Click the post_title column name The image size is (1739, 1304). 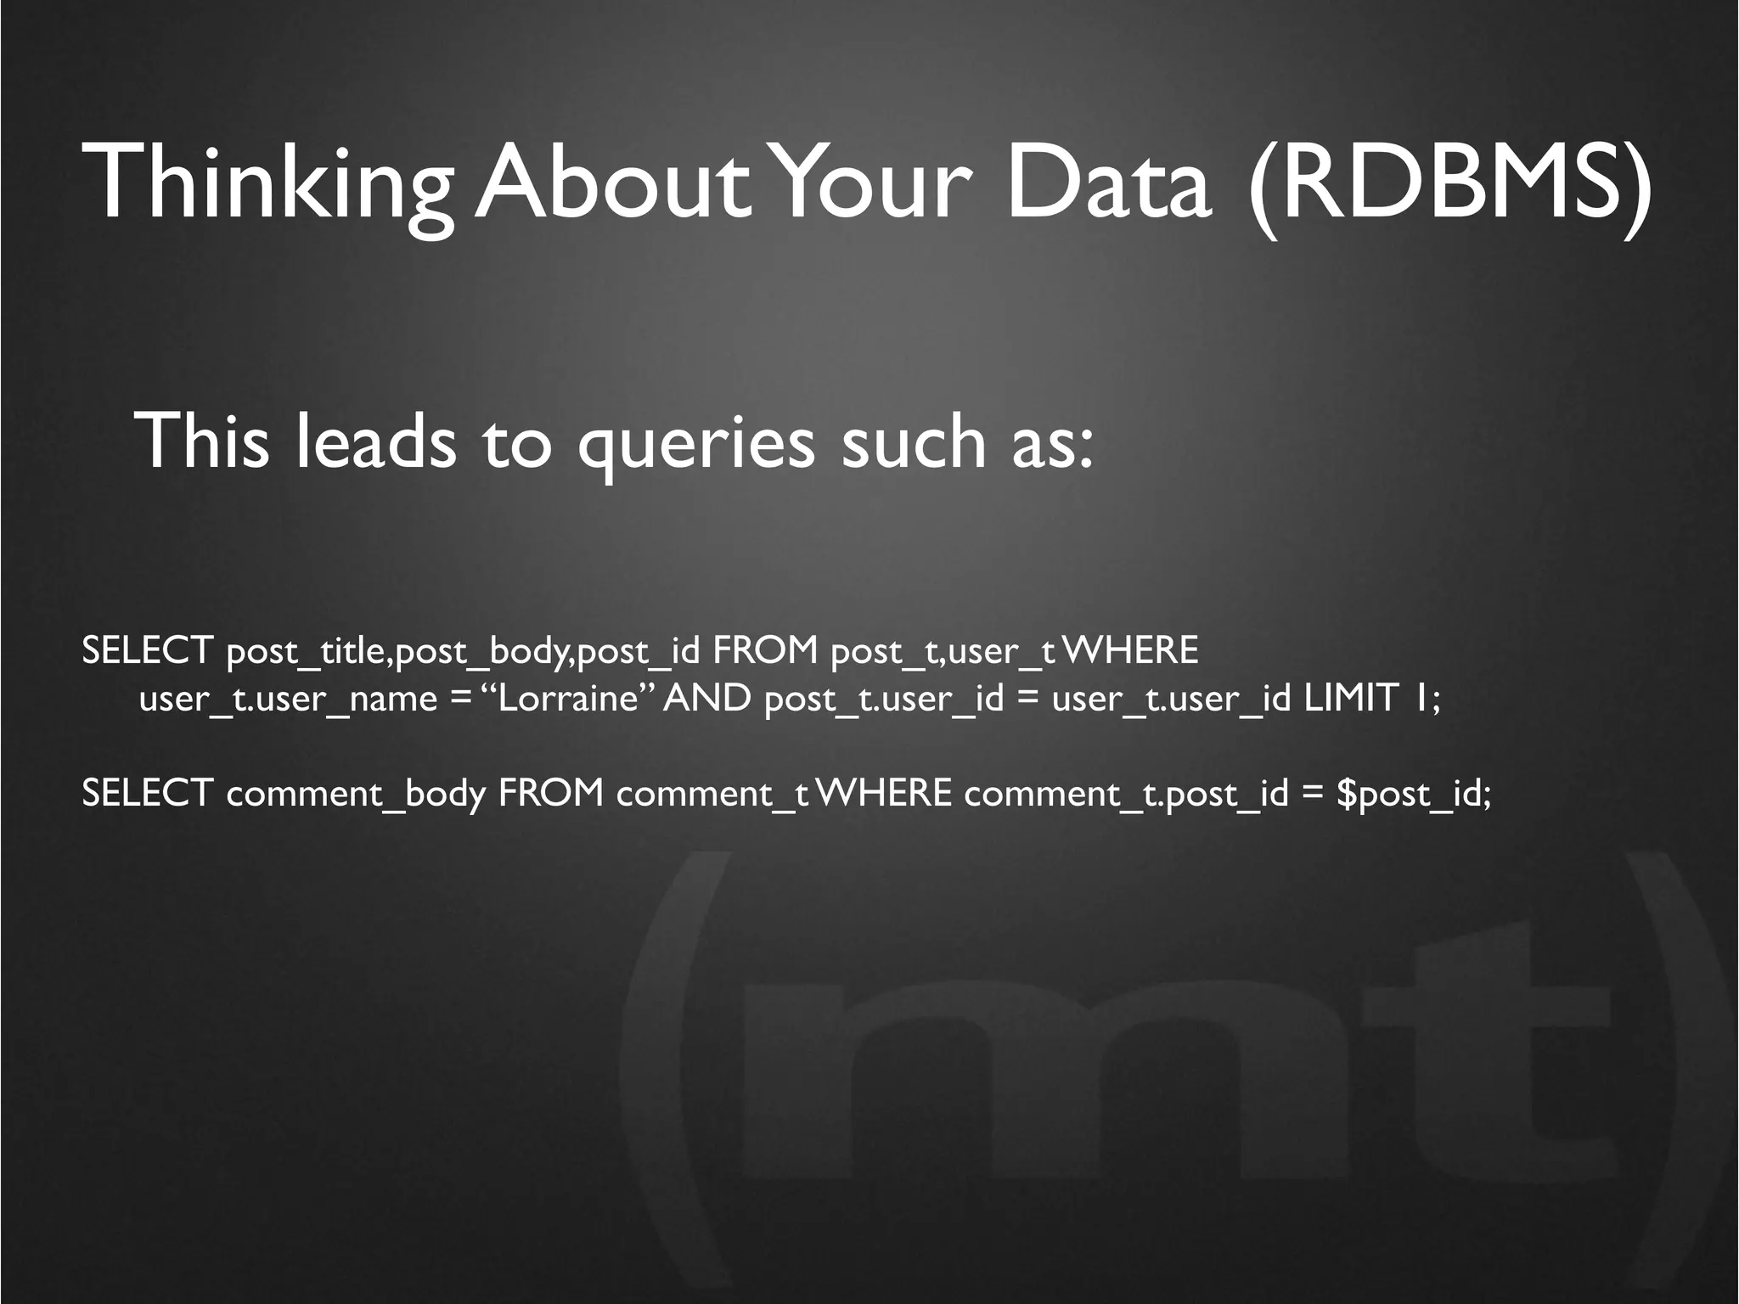[307, 652]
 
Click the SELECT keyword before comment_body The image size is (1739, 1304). [146, 794]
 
